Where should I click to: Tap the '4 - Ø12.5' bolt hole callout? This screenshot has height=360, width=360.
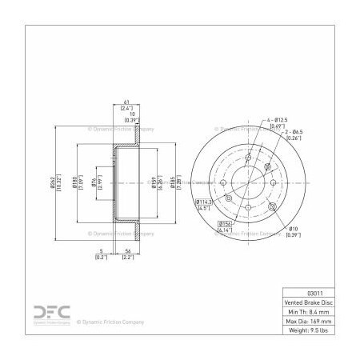tap(276, 122)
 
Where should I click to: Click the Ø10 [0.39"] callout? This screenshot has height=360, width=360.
tap(293, 230)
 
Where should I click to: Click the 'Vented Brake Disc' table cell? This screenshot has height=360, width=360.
tap(309, 304)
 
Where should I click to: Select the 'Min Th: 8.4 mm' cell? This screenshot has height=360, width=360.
tap(309, 314)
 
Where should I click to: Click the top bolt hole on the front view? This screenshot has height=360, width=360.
tap(249, 157)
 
